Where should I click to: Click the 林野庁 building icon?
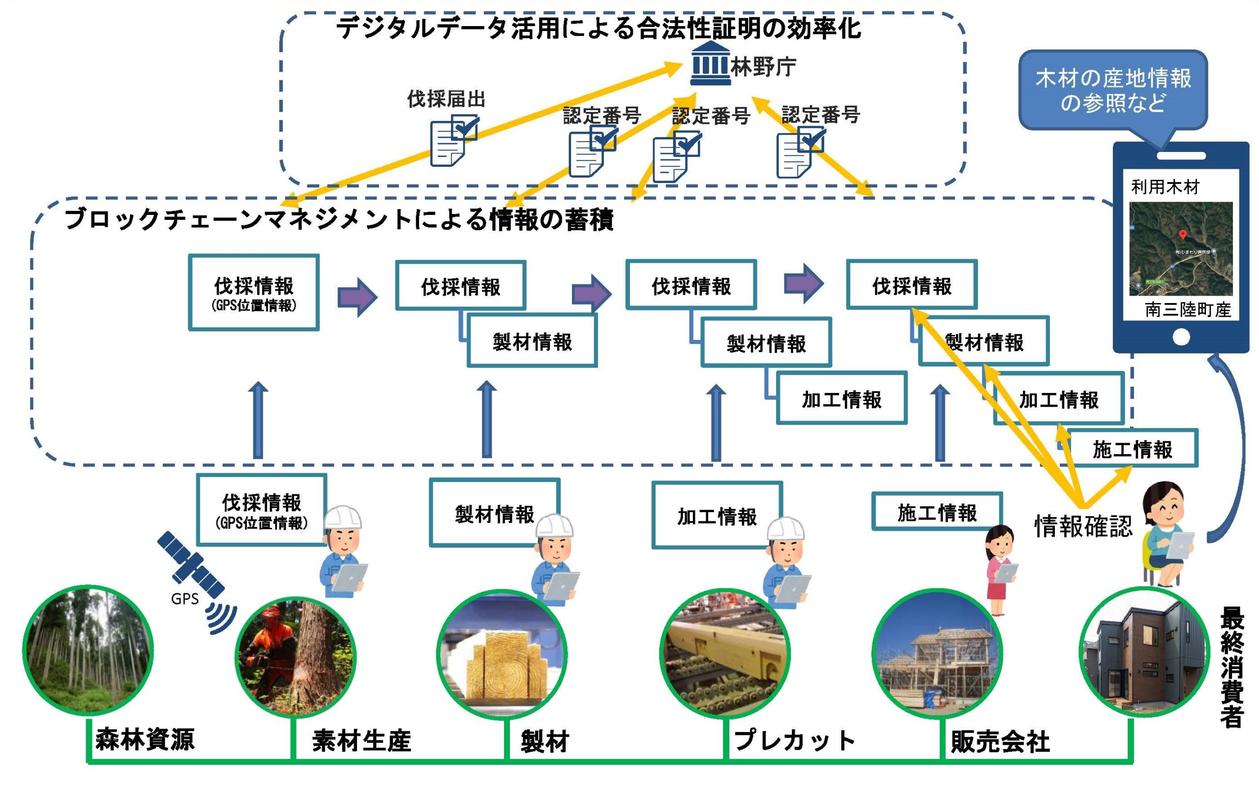(x=710, y=64)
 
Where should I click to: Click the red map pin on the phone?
(x=1183, y=235)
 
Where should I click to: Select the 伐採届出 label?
(x=446, y=99)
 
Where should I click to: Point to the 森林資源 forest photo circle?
(x=88, y=650)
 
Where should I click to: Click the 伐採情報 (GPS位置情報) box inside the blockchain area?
(x=254, y=293)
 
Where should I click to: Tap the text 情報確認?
(x=1083, y=526)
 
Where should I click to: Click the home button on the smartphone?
(x=1181, y=337)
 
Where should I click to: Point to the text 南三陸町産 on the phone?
(x=1187, y=310)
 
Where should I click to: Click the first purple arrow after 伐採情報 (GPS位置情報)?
(x=357, y=297)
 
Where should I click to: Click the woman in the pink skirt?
(x=1000, y=570)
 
